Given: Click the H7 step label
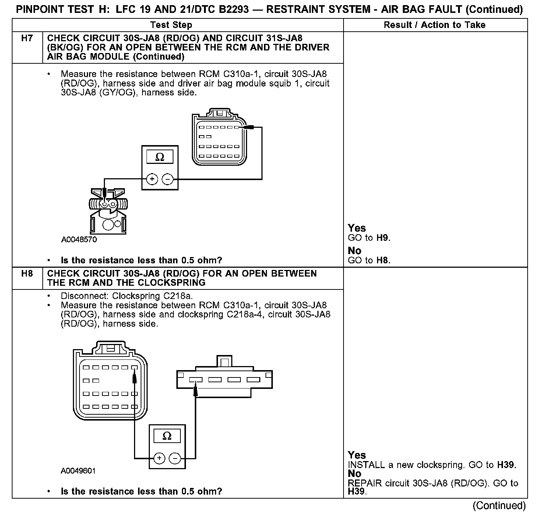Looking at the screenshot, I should click(x=27, y=38).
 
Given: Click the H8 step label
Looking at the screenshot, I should click(x=27, y=274).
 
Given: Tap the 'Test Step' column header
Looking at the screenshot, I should click(x=171, y=25).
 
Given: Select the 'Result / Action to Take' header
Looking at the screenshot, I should click(x=434, y=25).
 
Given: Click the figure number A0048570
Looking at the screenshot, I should click(x=79, y=240).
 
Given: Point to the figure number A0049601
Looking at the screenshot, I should click(x=78, y=471).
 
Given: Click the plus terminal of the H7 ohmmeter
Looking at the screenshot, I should click(x=152, y=179).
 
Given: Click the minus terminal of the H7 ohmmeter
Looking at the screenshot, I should click(x=168, y=179).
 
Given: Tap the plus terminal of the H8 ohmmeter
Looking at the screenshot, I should click(x=159, y=458).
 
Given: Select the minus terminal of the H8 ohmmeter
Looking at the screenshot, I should click(x=175, y=458).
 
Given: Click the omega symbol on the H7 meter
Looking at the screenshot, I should click(x=160, y=157).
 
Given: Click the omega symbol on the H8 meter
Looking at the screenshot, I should click(x=167, y=436).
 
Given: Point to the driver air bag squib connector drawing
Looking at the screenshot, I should click(x=107, y=210).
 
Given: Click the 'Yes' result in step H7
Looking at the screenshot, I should click(x=357, y=228).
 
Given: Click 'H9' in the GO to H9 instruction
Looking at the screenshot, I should click(x=383, y=238).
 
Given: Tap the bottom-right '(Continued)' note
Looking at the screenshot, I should click(x=499, y=506).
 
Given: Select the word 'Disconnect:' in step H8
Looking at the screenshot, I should click(x=85, y=296).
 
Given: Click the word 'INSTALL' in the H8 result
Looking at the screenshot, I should click(x=366, y=465).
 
